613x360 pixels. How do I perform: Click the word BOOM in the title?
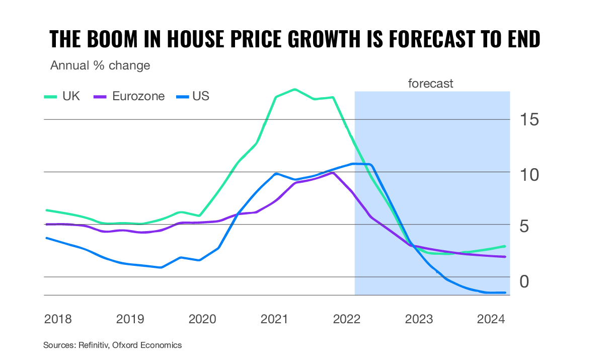click(112, 39)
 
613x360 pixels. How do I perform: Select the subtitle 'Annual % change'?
click(100, 65)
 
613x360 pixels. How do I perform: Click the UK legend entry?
click(62, 96)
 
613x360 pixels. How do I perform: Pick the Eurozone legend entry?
click(129, 96)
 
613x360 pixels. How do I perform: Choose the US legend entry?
click(193, 96)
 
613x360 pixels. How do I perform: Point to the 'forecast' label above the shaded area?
click(430, 84)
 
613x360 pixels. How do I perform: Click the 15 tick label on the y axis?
click(529, 120)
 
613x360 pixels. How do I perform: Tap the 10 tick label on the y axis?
click(529, 175)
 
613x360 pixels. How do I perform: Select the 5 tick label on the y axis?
click(524, 227)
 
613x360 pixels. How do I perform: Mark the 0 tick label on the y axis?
click(524, 281)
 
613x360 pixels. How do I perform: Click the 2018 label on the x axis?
click(58, 319)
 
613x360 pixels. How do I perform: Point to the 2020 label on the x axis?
click(202, 319)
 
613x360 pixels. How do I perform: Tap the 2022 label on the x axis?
click(347, 319)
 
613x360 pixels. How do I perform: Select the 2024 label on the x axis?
click(491, 319)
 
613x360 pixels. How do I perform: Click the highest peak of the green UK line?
click(295, 89)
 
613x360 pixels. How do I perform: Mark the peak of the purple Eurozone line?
click(333, 173)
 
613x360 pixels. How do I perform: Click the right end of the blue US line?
click(505, 293)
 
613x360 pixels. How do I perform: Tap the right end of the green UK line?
click(505, 246)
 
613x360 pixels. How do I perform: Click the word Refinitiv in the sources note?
click(94, 345)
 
